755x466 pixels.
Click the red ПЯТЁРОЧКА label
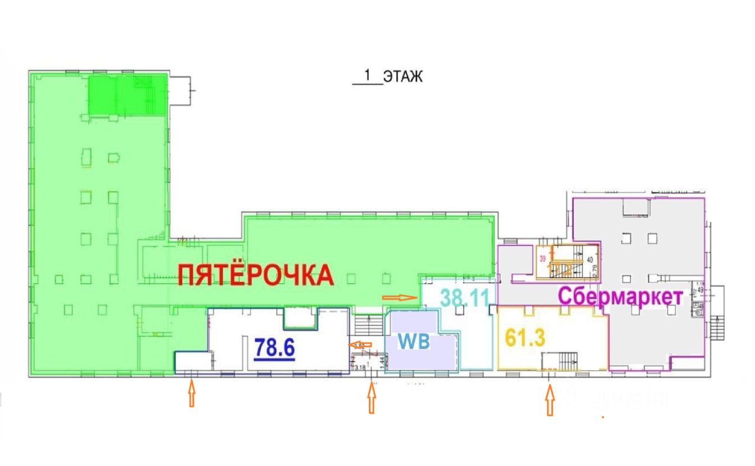pos(256,275)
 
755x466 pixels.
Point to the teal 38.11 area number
pos(465,297)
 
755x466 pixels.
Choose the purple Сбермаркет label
pos(621,296)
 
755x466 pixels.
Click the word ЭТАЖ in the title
pos(403,77)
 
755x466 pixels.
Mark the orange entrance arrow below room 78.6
pos(191,393)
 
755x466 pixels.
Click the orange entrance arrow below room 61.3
pos(550,401)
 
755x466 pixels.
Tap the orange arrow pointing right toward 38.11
pos(400,297)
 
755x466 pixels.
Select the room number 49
pos(701,290)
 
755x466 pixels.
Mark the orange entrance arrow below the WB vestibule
pos(371,398)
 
